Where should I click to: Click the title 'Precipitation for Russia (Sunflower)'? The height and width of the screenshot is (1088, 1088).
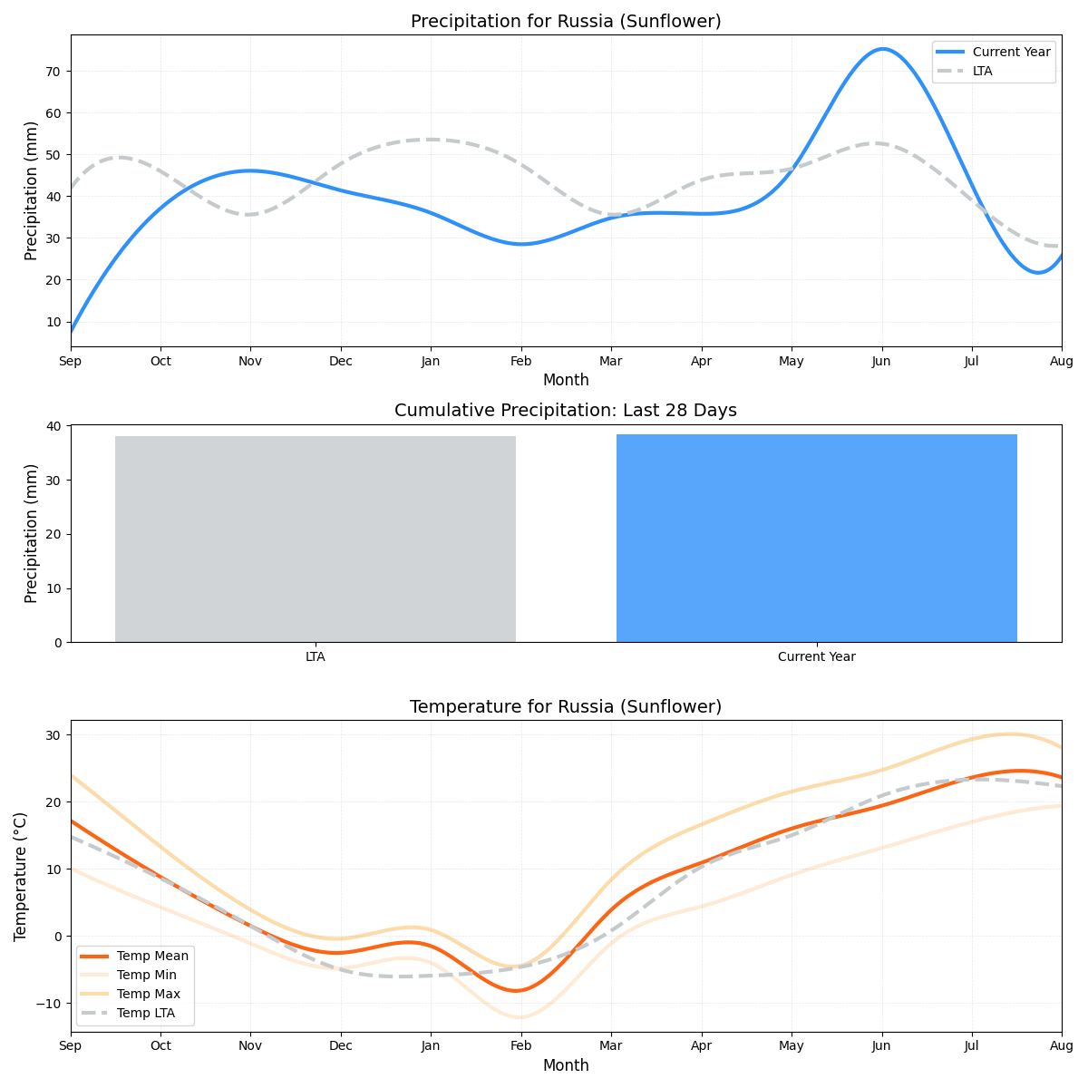566,21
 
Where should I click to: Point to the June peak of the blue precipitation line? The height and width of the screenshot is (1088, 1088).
882,49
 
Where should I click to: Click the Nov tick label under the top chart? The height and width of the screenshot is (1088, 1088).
250,361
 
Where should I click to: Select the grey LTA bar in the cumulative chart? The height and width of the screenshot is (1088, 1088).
316,539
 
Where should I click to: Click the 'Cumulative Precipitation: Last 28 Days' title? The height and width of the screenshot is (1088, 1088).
566,411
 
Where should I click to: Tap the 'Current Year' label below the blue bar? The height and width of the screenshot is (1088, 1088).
817,656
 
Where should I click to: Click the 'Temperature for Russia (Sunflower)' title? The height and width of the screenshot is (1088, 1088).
566,706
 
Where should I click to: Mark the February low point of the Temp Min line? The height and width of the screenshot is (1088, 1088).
520,1017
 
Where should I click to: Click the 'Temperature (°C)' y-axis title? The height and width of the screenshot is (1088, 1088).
20,876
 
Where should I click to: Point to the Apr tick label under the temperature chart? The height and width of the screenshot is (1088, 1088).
701,1046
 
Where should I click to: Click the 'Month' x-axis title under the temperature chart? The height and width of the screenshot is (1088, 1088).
566,1065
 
